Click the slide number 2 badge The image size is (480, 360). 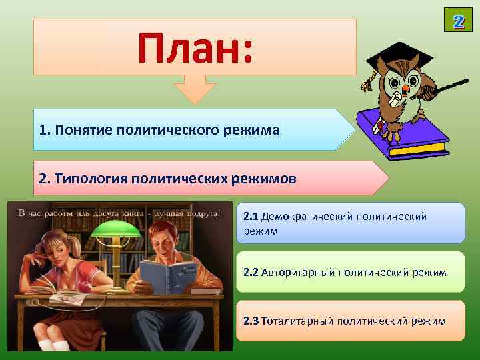point(458,20)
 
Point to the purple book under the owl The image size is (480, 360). point(400,133)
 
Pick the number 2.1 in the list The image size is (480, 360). point(251,217)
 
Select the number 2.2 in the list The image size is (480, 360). point(251,272)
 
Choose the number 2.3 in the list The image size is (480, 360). point(251,321)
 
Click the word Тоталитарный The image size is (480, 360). point(297,321)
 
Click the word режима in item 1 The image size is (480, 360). point(251,129)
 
